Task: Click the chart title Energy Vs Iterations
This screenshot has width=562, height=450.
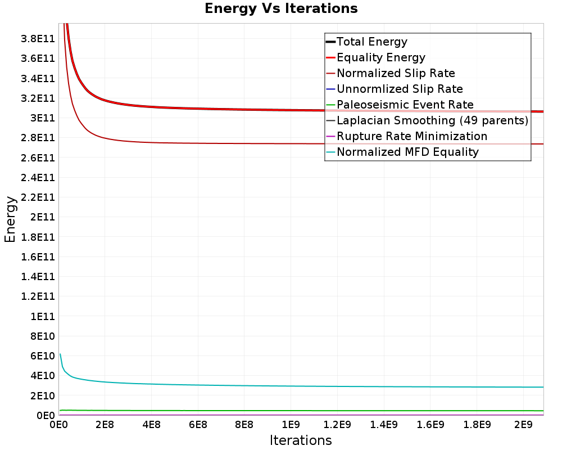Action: tap(281, 8)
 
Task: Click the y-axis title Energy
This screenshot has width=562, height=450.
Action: tap(10, 219)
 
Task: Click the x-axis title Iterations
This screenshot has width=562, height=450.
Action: tap(301, 440)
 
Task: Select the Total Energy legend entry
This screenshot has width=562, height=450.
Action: tap(371, 42)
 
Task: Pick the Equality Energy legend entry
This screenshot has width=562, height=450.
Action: tap(380, 57)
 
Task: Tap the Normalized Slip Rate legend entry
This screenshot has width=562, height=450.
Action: tap(395, 73)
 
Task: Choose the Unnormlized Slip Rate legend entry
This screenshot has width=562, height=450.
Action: tap(399, 89)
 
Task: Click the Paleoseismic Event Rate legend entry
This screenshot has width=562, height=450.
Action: tap(405, 105)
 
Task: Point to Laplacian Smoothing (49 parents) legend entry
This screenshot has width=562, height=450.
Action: tap(432, 120)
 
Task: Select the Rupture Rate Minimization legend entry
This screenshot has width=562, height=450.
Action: tap(411, 136)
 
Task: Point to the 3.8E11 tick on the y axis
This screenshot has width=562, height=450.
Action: tap(37, 38)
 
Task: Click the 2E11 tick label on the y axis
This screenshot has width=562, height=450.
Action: tap(42, 217)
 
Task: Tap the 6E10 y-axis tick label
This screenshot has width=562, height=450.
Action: tap(42, 355)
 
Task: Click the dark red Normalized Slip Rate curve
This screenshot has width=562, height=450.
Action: tap(225, 142)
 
